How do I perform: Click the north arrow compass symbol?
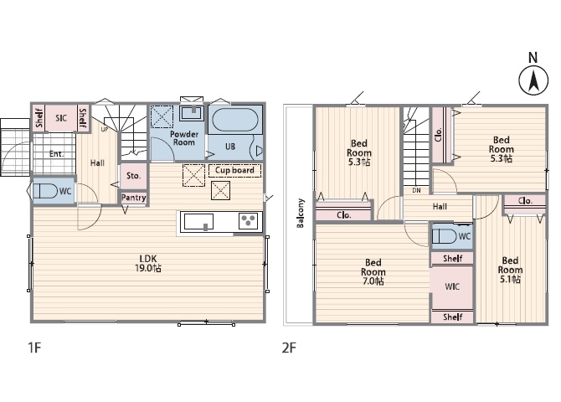[x=533, y=80]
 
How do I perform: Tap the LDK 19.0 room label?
[x=147, y=263]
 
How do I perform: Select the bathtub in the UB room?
[x=235, y=120]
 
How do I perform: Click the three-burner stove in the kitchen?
[x=248, y=220]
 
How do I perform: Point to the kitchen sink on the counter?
[x=199, y=222]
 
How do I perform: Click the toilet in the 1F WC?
[x=45, y=191]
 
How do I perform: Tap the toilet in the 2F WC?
[x=444, y=236]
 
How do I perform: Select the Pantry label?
[x=133, y=198]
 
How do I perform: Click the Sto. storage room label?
[x=133, y=176]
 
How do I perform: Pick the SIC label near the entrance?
[x=61, y=118]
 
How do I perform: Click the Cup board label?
[x=234, y=170]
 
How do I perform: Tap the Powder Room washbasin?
[x=193, y=113]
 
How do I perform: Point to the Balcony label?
[x=301, y=213]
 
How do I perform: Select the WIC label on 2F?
[x=452, y=286]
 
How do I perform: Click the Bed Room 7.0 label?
[x=373, y=272]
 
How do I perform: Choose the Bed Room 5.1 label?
[x=510, y=270]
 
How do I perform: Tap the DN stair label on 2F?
[x=416, y=190]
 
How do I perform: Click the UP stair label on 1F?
[x=105, y=129]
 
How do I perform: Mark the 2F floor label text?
[x=289, y=348]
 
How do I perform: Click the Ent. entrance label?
[x=57, y=154]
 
